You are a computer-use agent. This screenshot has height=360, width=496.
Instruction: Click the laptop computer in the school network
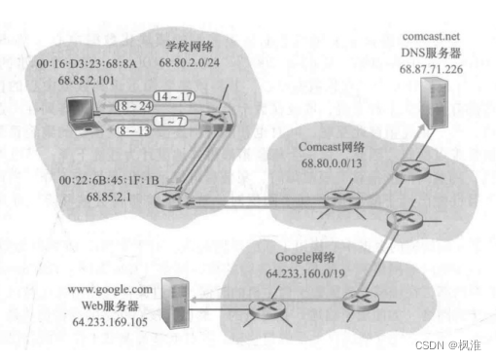[84, 116]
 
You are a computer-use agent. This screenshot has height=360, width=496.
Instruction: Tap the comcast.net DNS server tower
[435, 103]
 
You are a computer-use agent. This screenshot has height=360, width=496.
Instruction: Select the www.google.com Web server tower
[175, 304]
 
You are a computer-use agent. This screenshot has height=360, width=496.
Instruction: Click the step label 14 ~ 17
[174, 96]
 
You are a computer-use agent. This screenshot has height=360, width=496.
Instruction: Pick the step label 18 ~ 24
[134, 106]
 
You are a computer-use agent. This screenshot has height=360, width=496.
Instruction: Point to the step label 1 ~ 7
[170, 121]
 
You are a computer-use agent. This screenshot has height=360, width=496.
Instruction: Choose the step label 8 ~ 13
[133, 130]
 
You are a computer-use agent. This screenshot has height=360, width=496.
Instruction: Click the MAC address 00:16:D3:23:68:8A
[87, 64]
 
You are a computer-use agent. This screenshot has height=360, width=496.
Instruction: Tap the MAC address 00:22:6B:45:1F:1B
[109, 180]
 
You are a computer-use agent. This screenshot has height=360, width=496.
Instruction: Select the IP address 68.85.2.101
[87, 80]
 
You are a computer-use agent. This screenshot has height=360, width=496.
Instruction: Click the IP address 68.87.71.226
[431, 69]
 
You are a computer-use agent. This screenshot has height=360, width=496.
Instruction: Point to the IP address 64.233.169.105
[110, 322]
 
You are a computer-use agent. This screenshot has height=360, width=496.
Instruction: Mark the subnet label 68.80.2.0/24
[189, 62]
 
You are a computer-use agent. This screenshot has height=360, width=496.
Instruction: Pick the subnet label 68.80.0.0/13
[332, 163]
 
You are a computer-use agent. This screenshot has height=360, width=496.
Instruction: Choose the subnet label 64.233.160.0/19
[305, 273]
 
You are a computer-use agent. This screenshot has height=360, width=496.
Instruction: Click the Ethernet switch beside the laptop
[216, 121]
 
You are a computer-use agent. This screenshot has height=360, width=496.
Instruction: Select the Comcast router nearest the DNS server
[411, 170]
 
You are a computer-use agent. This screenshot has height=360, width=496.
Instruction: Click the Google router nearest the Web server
[266, 308]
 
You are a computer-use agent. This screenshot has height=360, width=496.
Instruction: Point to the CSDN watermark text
[447, 345]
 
